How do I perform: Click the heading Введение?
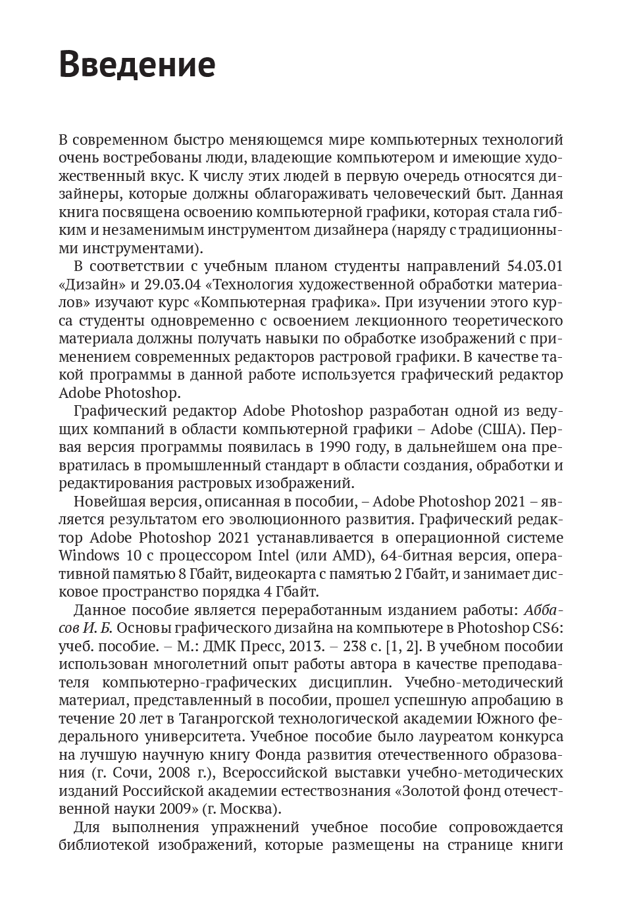pyautogui.click(x=137, y=64)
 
